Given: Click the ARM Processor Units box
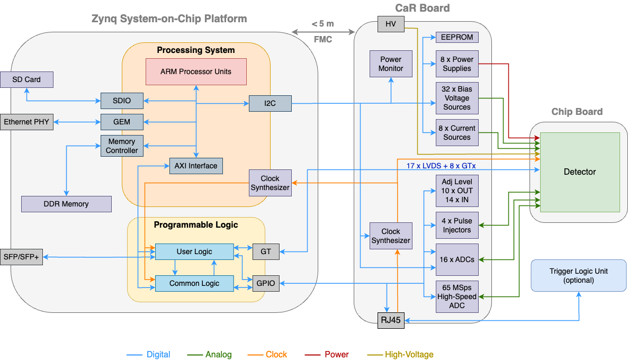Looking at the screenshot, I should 196,71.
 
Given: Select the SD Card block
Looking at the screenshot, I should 27,79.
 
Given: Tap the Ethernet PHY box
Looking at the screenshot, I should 26,122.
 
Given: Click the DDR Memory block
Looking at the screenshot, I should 66,204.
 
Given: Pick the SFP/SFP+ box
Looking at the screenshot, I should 21,257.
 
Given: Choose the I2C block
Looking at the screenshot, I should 270,103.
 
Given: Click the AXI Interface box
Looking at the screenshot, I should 196,166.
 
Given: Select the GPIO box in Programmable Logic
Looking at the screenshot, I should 266,283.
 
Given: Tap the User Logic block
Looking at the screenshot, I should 194,251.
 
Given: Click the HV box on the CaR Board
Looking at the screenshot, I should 391,24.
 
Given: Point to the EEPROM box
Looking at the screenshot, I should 457,38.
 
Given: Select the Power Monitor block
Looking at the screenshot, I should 391,64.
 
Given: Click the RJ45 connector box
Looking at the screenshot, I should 391,320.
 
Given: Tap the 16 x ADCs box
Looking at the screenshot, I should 457,259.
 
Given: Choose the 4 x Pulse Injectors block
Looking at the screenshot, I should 457,226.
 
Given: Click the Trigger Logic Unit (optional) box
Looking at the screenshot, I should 579,275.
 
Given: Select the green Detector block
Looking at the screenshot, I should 580,172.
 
